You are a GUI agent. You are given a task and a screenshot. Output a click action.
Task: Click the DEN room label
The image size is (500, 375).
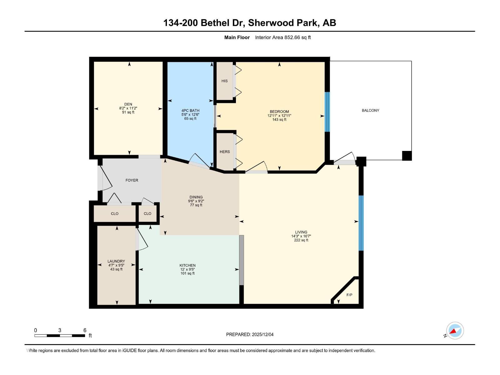[x=128, y=104]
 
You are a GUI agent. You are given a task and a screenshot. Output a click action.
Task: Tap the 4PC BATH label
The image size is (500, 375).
[x=190, y=111]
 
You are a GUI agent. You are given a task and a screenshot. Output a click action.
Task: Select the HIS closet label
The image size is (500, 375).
[x=224, y=81]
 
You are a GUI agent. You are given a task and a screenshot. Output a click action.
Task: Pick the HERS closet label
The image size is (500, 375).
[x=225, y=152]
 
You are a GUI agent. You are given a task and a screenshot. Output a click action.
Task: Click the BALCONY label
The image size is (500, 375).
[x=370, y=110]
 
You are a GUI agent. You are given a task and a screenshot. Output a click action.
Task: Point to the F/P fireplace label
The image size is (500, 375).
[x=349, y=295]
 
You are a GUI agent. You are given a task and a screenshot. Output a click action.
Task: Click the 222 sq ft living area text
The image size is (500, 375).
[x=301, y=240]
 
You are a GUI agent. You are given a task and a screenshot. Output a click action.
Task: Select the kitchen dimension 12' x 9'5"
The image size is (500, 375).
[x=187, y=269]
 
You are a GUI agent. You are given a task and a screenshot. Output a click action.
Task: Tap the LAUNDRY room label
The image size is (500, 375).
[x=116, y=261]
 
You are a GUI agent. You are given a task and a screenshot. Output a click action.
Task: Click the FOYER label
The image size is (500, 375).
[x=132, y=180]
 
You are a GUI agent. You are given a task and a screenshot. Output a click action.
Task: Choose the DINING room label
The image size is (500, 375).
[x=196, y=197]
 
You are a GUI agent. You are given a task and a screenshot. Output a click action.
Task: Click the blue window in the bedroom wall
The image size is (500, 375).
[x=327, y=112]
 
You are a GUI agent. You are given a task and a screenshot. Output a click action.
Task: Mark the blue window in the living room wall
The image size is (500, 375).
[x=361, y=223]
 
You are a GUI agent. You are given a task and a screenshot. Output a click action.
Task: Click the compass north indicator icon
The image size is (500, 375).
[x=455, y=331]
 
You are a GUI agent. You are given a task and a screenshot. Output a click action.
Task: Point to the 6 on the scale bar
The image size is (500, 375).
[x=85, y=330]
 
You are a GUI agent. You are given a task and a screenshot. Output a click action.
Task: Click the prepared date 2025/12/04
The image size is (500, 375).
[x=262, y=334]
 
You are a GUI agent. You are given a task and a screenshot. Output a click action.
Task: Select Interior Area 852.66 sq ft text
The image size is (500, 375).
[x=283, y=37]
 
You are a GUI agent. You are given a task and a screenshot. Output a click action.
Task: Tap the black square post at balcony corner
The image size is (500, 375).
[x=407, y=156]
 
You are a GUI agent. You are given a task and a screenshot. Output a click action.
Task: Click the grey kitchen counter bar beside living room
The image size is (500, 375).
[x=241, y=260]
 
